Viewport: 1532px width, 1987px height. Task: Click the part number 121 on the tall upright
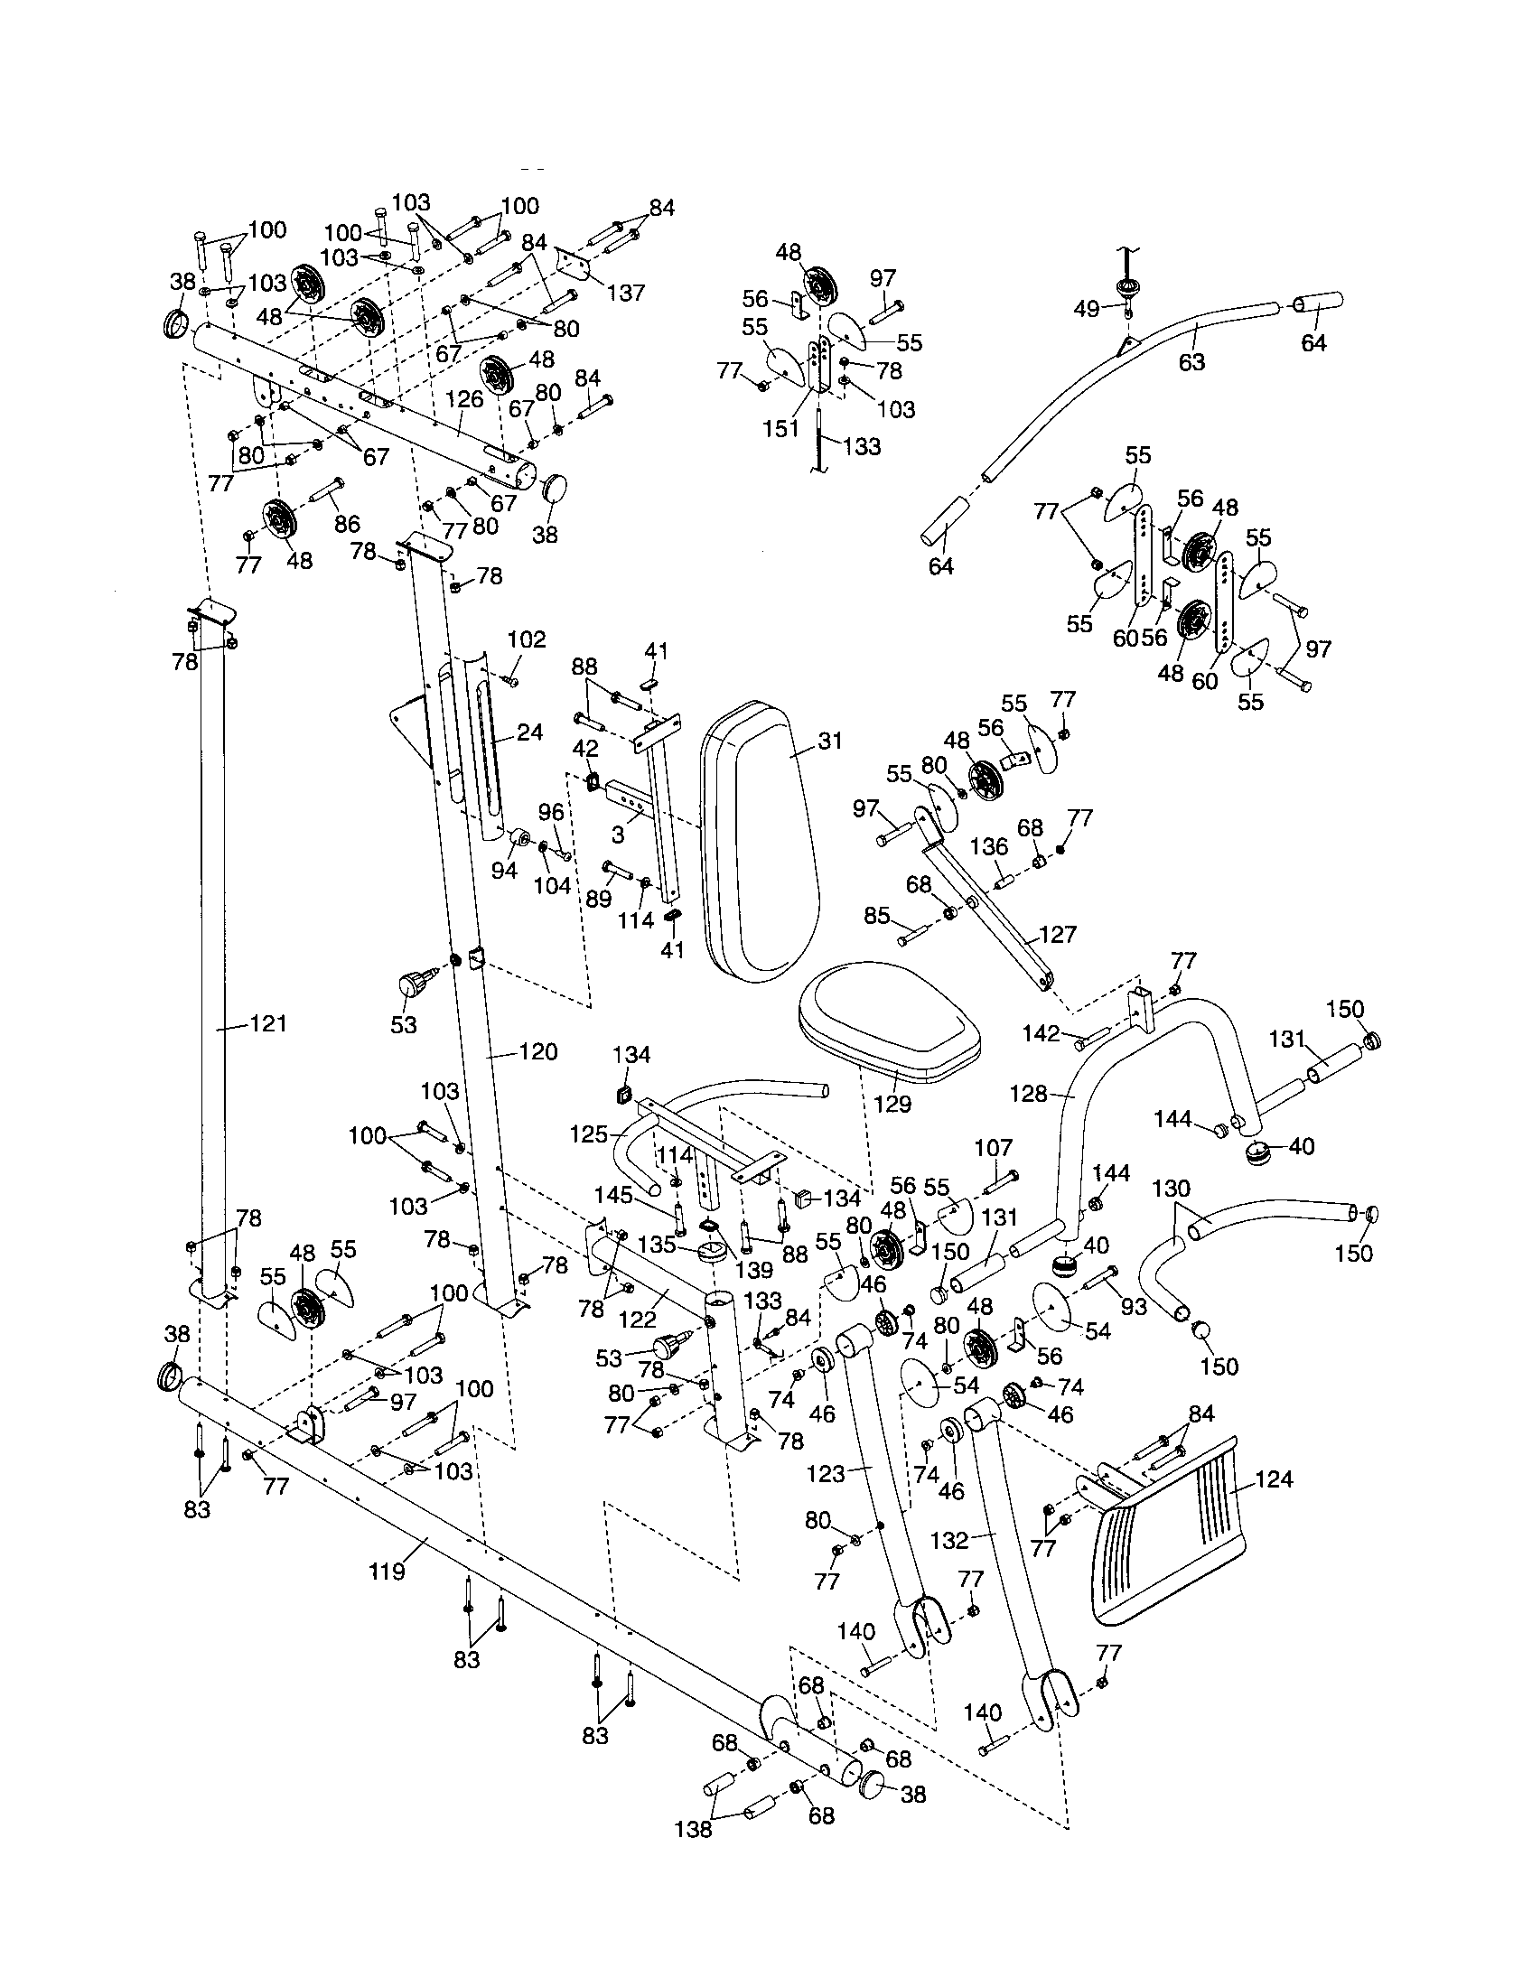[268, 1024]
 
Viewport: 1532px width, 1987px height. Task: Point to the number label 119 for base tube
[387, 1597]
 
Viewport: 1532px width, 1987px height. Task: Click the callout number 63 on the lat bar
[1191, 362]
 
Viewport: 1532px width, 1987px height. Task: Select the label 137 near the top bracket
[626, 292]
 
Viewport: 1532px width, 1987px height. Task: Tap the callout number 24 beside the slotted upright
[529, 732]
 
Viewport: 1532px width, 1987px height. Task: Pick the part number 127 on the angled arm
[1057, 935]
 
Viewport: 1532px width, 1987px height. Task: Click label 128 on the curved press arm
[1028, 1094]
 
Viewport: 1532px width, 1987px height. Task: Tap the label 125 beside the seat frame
[588, 1134]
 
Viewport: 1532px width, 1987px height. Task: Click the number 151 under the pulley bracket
[780, 428]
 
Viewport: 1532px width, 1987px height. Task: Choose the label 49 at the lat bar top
[1087, 309]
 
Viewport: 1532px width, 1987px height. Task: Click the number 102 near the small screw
[527, 639]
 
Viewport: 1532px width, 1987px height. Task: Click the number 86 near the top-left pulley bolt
[347, 524]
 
